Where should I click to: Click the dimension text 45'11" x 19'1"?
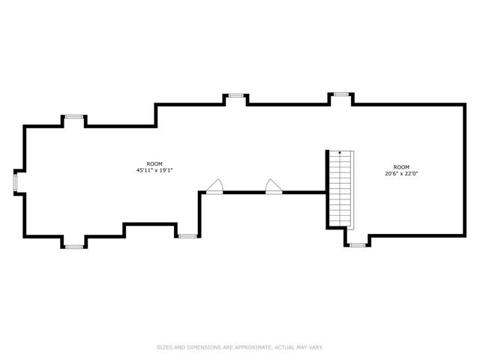pos(154,170)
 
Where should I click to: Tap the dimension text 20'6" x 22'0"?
pos(401,173)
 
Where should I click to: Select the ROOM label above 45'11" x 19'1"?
pos(154,164)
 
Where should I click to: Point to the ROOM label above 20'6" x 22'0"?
pos(401,167)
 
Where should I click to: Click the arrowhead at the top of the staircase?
pos(340,152)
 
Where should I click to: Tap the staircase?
pos(341,190)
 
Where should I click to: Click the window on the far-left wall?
pos(15,182)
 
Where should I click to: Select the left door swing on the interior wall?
pos(215,187)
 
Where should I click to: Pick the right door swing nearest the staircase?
pos(274,187)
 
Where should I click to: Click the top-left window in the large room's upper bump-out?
pos(74,117)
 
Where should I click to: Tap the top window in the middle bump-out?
pos(235,95)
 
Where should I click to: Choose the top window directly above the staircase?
pos(341,94)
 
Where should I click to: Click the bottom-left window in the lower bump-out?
pos(74,247)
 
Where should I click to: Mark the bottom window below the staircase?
pos(358,245)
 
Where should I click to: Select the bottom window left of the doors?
pos(187,236)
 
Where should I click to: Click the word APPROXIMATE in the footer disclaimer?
pos(252,347)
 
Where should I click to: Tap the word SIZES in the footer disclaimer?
pos(164,347)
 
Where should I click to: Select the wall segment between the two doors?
pos(244,193)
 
